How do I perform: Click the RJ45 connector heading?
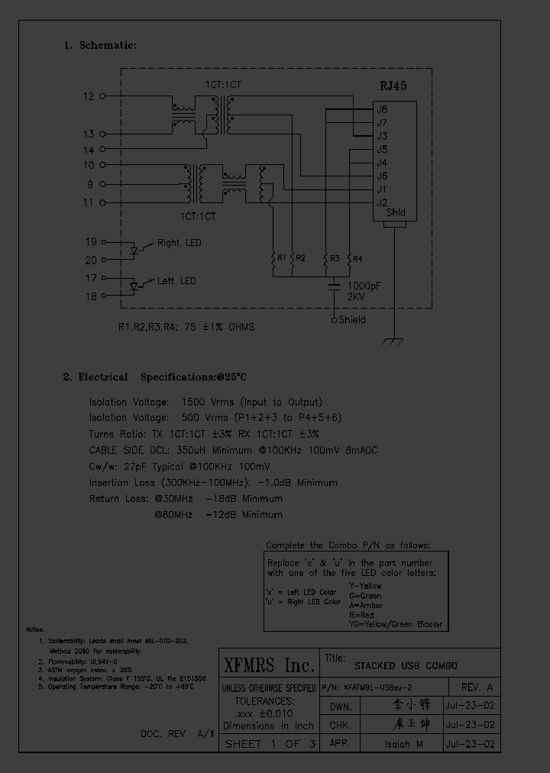pos(393,86)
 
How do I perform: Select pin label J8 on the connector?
pos(382,109)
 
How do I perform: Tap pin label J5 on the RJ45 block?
pos(382,150)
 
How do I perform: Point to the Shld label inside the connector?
pos(396,213)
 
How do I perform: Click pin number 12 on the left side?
pos(89,96)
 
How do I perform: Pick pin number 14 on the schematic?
pos(89,150)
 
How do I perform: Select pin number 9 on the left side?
pos(90,184)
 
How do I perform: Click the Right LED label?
pos(180,243)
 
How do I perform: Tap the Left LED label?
pos(176,281)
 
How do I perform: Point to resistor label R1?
pos(281,258)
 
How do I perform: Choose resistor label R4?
pos(357,258)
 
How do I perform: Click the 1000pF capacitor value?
pos(364,284)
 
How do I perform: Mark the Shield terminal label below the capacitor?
pos(351,320)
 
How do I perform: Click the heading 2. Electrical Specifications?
pos(155,377)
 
